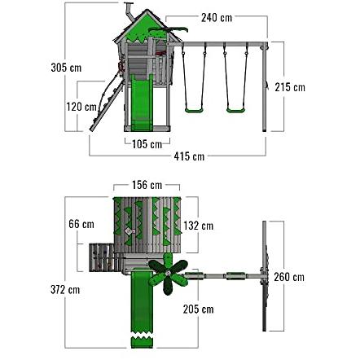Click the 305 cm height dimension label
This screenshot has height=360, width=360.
point(66,68)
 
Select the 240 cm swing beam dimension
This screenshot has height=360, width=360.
point(217,18)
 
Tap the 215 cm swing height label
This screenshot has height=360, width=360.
point(290,87)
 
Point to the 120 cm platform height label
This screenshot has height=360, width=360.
point(81,107)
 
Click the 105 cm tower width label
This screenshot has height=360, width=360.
point(147,144)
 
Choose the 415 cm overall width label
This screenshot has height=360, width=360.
point(189,156)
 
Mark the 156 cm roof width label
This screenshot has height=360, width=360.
point(147,185)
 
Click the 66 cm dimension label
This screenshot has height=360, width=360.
point(81,224)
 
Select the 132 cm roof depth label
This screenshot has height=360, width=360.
point(199,226)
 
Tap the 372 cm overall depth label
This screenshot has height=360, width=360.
point(65,290)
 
